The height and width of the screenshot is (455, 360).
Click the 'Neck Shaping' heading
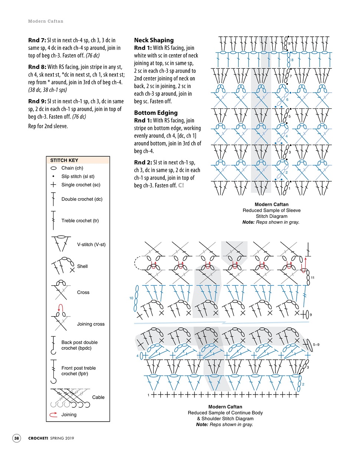[x=154, y=40]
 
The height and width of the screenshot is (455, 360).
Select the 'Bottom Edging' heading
[x=156, y=113]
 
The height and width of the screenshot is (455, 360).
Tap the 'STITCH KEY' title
[x=64, y=160]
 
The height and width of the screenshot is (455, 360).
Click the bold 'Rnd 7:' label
[x=37, y=40]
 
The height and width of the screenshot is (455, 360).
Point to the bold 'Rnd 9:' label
[x=37, y=101]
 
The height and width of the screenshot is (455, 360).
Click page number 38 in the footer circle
[x=17, y=438]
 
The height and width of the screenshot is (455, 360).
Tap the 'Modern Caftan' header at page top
[x=46, y=21]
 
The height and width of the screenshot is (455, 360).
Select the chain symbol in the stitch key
[x=54, y=168]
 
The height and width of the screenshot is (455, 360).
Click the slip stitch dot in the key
[x=54, y=177]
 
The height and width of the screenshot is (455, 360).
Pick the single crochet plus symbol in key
[x=54, y=185]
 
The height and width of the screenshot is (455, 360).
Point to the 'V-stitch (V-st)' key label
[x=91, y=244]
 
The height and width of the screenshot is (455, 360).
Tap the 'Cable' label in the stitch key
[x=98, y=397]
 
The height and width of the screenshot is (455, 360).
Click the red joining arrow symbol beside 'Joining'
[x=53, y=415]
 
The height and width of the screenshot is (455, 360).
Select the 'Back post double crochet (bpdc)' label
[x=79, y=345]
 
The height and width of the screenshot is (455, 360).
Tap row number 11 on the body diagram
[x=312, y=278]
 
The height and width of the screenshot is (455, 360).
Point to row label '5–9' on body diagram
[x=316, y=344]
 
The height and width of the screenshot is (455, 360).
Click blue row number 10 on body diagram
[x=131, y=298]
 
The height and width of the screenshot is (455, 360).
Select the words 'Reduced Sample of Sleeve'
[x=271, y=210]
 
